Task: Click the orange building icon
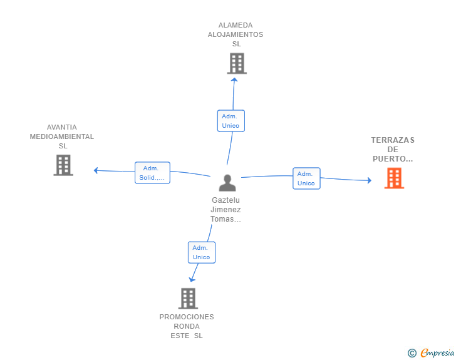(394, 178)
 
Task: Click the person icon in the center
(227, 183)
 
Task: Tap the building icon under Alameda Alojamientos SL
(237, 63)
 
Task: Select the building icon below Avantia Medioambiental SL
(63, 165)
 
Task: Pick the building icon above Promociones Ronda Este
(188, 299)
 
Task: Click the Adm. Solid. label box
(152, 173)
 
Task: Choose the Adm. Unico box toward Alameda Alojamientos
(231, 121)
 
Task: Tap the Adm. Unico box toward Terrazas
(306, 178)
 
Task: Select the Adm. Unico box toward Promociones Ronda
(202, 252)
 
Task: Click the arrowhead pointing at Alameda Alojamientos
(234, 80)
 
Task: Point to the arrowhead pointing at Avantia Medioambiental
(96, 170)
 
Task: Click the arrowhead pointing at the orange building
(370, 180)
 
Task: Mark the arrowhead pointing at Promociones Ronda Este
(192, 280)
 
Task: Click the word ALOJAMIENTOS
(236, 34)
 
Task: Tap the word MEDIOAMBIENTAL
(62, 136)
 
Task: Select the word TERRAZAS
(393, 140)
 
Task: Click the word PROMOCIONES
(187, 317)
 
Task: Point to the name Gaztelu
(225, 200)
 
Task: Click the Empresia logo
(437, 352)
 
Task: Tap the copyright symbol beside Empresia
(412, 353)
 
